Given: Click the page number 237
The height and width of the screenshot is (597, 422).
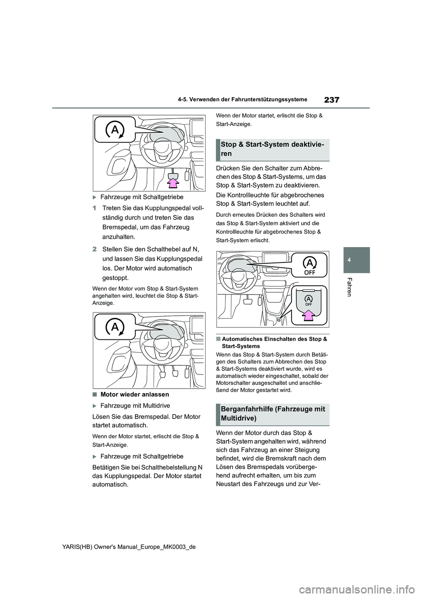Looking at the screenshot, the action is pos(332,100).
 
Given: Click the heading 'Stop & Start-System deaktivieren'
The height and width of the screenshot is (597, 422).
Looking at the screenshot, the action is pos(273,149).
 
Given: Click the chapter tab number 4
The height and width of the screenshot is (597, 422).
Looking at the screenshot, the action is pos(357,259).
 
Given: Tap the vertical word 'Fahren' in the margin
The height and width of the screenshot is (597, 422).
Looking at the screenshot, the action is pos(349,287).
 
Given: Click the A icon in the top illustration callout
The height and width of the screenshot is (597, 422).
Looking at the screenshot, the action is pos(115,130).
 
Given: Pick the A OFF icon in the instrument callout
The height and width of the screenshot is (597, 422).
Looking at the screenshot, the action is pos(309,265).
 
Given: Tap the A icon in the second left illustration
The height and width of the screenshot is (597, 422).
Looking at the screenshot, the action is pos(115,327).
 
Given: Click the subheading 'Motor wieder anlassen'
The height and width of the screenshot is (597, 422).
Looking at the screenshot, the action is pos(135,394).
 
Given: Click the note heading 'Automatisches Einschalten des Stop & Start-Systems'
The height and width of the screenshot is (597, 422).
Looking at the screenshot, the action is pos(274,342).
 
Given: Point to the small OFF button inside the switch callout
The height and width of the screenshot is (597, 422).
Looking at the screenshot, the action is pos(309,301).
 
